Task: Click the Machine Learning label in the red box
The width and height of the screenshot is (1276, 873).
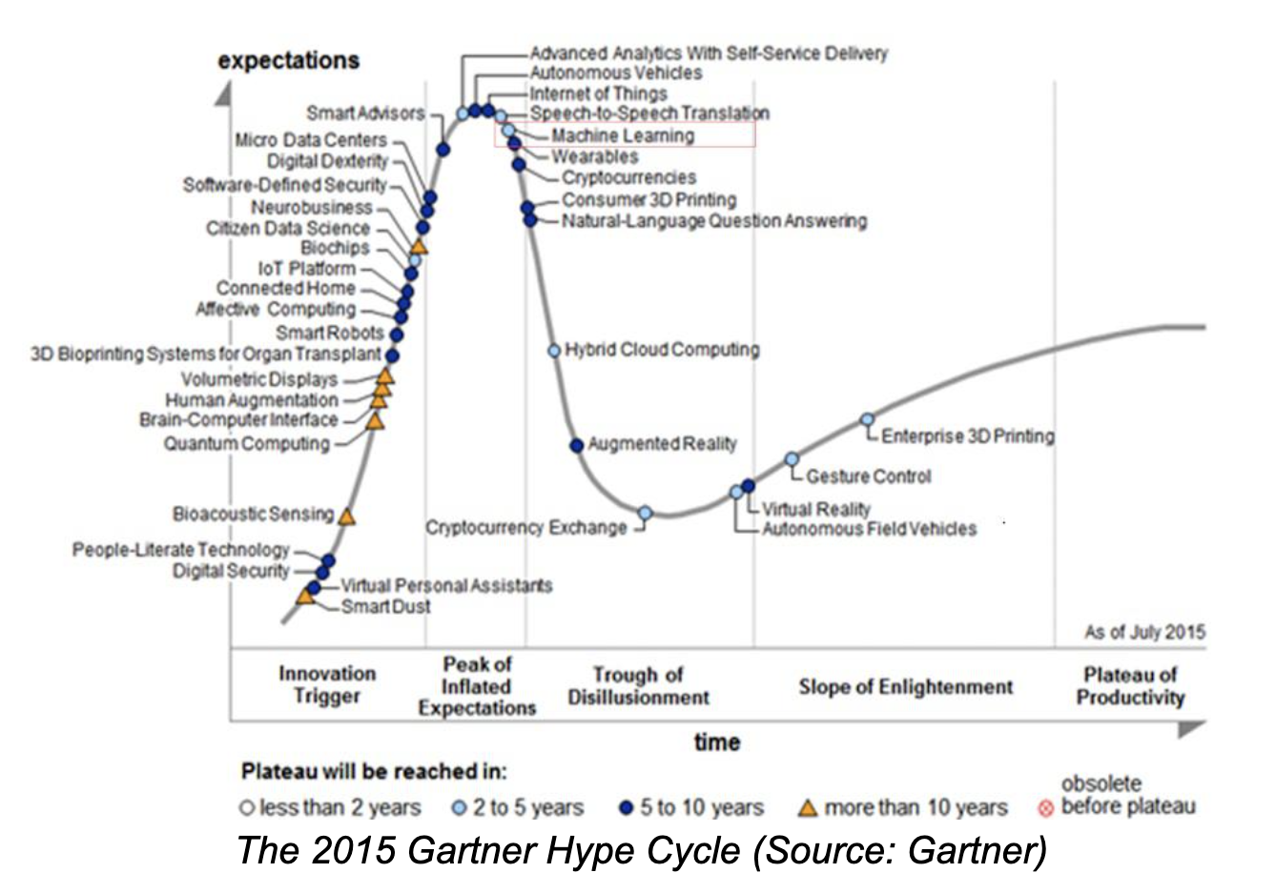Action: click(x=622, y=135)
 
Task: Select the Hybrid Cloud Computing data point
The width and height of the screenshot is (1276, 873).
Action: click(x=554, y=351)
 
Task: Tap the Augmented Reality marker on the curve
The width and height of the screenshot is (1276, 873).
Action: click(x=576, y=445)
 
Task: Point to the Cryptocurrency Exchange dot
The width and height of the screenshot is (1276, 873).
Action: click(x=645, y=513)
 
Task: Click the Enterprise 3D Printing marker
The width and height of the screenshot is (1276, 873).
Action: click(x=867, y=419)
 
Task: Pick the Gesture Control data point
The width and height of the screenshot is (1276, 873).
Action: click(x=792, y=459)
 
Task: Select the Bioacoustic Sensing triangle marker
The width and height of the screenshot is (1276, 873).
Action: click(x=347, y=518)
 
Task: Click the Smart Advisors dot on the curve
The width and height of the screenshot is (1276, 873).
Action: click(x=442, y=149)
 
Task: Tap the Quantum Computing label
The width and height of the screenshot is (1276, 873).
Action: click(x=246, y=443)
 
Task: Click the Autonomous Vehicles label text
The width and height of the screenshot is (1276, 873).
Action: click(x=615, y=72)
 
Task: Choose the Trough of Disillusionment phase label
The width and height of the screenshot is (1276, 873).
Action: click(x=638, y=686)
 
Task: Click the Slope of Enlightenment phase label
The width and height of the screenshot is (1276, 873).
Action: click(x=905, y=686)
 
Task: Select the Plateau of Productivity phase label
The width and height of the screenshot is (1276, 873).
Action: click(x=1130, y=686)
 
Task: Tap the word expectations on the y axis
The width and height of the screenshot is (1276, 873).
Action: click(x=288, y=60)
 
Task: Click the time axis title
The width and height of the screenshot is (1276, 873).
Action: click(x=716, y=741)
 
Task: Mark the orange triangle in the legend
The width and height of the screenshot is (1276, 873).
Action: click(x=807, y=808)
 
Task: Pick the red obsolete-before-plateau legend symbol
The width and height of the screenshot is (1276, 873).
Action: click(x=1045, y=809)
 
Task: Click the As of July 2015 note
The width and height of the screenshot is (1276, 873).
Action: click(x=1144, y=632)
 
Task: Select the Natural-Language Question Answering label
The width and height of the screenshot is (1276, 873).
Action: click(x=713, y=221)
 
